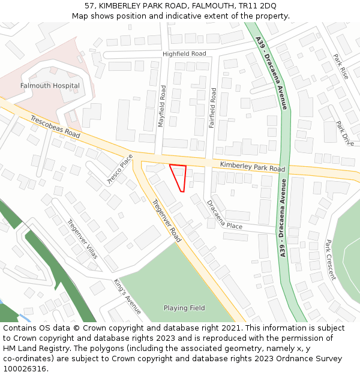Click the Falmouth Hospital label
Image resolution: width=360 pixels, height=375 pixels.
pyautogui.click(x=50, y=86)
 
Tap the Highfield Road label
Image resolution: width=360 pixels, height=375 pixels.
pyautogui.click(x=184, y=54)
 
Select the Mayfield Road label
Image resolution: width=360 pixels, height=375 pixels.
pyautogui.click(x=161, y=106)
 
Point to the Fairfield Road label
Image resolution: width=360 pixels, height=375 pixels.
pyautogui.click(x=212, y=109)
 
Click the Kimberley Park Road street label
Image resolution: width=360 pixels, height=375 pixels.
pyautogui.click(x=252, y=166)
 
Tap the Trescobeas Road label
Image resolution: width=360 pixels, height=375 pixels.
pyautogui.click(x=55, y=127)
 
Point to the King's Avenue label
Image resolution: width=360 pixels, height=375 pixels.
pyautogui.click(x=128, y=297)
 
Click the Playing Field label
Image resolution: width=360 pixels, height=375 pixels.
pyautogui.click(x=184, y=308)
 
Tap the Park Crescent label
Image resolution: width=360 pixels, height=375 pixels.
pyautogui.click(x=330, y=260)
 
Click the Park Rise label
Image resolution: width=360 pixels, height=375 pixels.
pyautogui.click(x=341, y=67)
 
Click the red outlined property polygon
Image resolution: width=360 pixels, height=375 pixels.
pyautogui.click(x=179, y=175)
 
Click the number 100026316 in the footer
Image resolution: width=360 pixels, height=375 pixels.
pyautogui.click(x=26, y=368)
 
